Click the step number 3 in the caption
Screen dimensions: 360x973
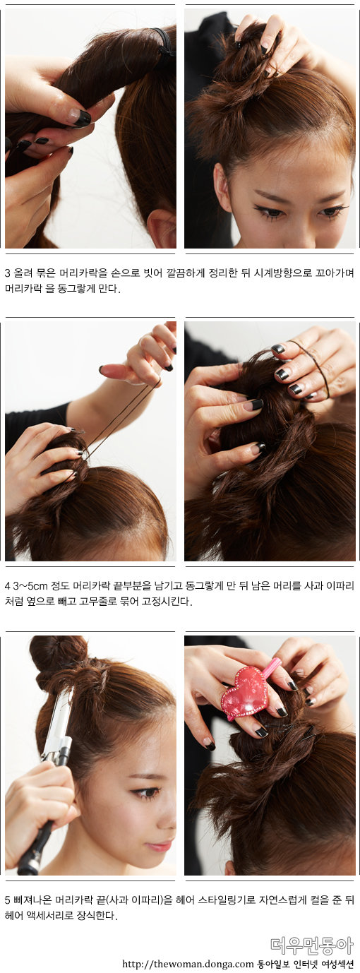[7, 274]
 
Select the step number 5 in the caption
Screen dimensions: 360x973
[7, 900]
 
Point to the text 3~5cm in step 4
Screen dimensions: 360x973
[30, 586]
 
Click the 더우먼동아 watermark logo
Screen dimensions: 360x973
[312, 943]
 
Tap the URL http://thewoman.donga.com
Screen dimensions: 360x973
[188, 964]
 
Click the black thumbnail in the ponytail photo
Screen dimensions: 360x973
[82, 118]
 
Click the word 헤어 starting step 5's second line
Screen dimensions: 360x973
[13, 916]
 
